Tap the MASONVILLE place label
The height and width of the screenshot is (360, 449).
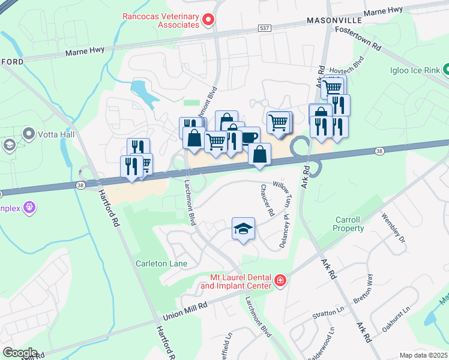335,20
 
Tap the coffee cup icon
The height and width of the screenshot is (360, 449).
249,137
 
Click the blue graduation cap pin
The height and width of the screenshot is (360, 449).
243,229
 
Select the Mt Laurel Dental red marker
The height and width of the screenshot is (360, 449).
279,281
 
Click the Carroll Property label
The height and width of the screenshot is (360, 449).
349,224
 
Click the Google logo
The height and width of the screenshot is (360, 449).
19,352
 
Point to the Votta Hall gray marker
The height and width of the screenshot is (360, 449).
28,133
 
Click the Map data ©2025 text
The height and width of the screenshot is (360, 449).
423,355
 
